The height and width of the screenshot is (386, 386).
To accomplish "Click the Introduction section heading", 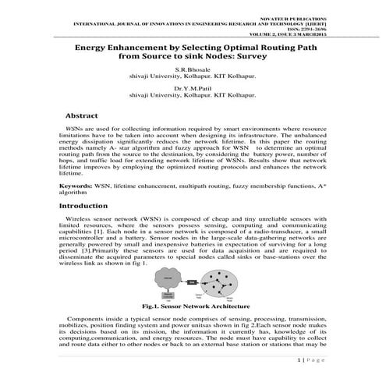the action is click(x=88, y=206).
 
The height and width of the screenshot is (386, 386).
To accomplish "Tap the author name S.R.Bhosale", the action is click(x=193, y=70).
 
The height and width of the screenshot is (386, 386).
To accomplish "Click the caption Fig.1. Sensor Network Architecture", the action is click(x=192, y=308).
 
